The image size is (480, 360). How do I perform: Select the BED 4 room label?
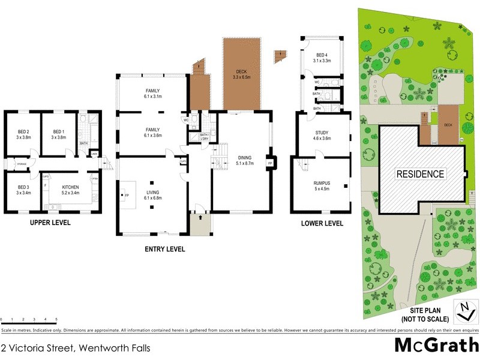click(322, 57)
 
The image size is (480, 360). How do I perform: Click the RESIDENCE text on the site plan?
click(420, 174)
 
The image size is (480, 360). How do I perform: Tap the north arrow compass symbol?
click(463, 312)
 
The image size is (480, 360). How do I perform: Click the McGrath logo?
click(436, 346)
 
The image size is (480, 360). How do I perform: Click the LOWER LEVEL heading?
click(322, 223)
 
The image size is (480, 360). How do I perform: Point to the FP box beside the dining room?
click(270, 163)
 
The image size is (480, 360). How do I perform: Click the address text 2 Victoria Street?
click(75, 347)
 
